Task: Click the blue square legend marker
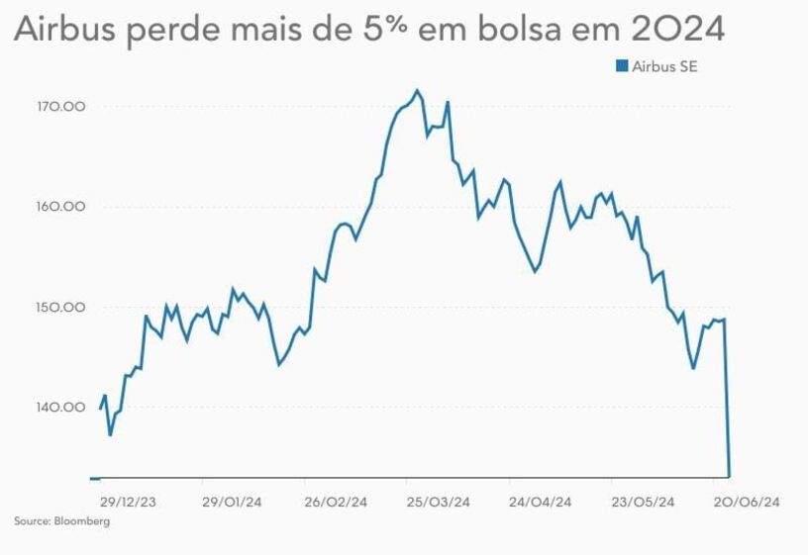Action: (x=622, y=66)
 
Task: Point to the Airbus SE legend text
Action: (x=665, y=66)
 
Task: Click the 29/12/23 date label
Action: (x=129, y=502)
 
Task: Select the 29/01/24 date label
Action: (x=232, y=502)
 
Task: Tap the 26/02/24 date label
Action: (x=335, y=502)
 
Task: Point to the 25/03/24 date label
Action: (x=438, y=502)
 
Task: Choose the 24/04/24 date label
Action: (x=541, y=502)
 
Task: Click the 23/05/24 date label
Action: (x=644, y=502)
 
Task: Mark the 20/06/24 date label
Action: (x=748, y=502)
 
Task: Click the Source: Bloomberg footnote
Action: (x=61, y=521)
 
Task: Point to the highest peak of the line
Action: (x=417, y=90)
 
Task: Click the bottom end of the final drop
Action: (x=730, y=476)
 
